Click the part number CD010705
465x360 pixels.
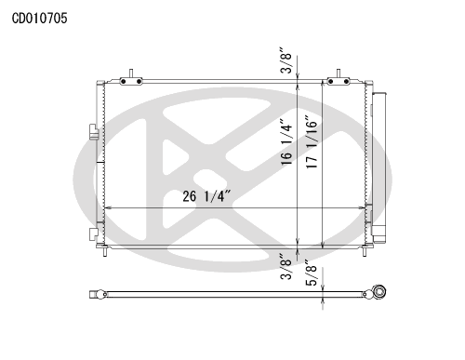pos(39,19)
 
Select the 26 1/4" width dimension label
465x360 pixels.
pos(206,196)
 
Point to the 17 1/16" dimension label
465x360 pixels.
pos(312,142)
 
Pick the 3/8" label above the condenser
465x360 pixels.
pos(286,60)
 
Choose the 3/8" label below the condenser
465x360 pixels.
pos(286,267)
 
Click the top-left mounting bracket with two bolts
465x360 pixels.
pos(131,81)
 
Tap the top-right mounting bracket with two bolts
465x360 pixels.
pos(339,81)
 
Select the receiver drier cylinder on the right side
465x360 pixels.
pos(379,167)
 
